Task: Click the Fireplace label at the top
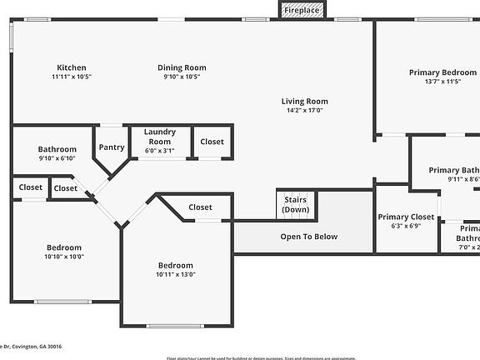(301, 11)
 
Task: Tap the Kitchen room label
(71, 67)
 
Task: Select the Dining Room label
(182, 67)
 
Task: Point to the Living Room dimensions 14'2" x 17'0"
(304, 110)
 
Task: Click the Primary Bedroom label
(442, 72)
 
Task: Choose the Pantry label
(112, 147)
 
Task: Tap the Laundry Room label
(158, 137)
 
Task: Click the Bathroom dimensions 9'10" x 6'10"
(57, 158)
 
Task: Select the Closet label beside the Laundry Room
(212, 142)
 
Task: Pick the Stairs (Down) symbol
(296, 205)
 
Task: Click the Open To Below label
(308, 237)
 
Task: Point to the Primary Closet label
(407, 217)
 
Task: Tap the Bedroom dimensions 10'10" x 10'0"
(63, 257)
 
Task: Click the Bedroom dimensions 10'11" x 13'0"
(176, 274)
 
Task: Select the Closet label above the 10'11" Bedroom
(200, 207)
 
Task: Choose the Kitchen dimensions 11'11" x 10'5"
(71, 77)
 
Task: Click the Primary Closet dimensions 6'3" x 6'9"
(407, 226)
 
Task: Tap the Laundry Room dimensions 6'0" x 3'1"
(158, 151)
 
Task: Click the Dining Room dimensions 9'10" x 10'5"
(182, 77)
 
